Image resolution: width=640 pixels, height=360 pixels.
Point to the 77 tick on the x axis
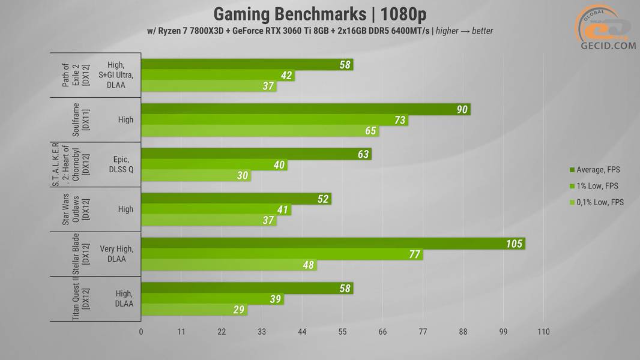(x=423, y=332)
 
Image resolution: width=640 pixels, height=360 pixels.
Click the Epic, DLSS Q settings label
(x=121, y=164)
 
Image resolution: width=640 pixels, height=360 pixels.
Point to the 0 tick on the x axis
(x=141, y=332)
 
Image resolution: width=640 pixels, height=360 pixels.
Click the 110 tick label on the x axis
(x=543, y=332)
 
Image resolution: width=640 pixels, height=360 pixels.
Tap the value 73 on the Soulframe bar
(x=399, y=121)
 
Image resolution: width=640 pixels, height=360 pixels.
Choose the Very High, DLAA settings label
(x=117, y=254)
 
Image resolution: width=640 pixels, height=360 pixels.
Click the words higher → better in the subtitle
(x=465, y=31)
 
